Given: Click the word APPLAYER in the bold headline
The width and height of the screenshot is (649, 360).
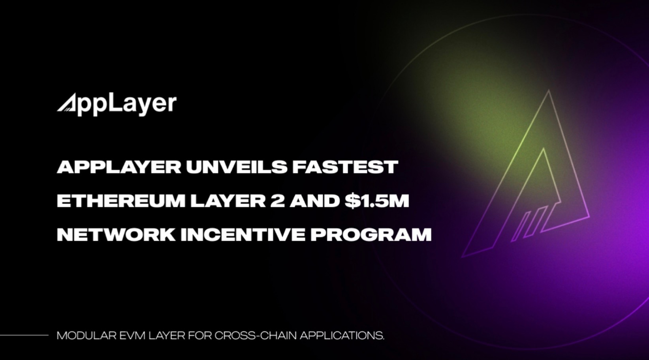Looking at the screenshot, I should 119,167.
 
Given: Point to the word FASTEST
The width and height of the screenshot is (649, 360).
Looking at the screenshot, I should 345,167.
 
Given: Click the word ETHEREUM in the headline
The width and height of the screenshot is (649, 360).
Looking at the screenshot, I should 121,201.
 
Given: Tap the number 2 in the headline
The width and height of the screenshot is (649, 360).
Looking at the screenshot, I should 277,201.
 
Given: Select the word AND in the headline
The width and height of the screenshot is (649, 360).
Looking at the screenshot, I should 314,201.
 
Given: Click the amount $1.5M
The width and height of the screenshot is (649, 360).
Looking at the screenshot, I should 376,201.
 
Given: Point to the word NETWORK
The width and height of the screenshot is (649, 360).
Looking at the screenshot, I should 116,235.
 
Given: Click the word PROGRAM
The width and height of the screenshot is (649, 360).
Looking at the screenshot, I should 371,235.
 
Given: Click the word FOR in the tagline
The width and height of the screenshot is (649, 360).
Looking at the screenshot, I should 199,336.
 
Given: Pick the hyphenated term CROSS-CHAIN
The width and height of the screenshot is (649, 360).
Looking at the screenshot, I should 255,336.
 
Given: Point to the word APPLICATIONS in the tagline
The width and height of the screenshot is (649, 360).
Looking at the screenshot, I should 342,336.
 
